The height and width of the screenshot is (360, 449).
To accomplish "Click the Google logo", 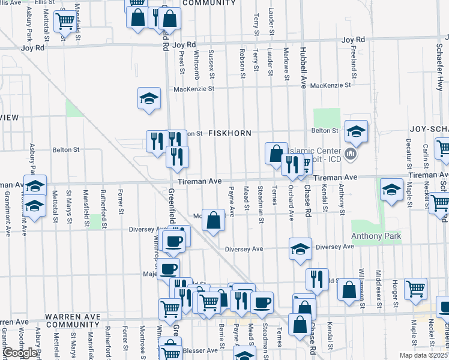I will pos(19,353).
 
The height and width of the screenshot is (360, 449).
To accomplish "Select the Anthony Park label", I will pos(376,236).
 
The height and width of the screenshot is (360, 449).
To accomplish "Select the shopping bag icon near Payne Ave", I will pos(213,220).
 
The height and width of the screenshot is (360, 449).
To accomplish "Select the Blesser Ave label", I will pos(203,350).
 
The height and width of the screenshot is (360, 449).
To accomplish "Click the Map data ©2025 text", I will pos(424,355).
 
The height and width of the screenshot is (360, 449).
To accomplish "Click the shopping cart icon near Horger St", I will pos(415,289).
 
